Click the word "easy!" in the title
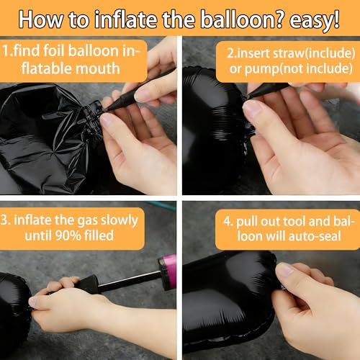pyautogui.click(x=315, y=19)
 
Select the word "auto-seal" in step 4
pyautogui.click(x=315, y=236)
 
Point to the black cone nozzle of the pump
pyautogui.click(x=89, y=284)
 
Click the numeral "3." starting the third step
pyautogui.click(x=6, y=220)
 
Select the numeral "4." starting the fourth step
pyautogui.click(x=228, y=221)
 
